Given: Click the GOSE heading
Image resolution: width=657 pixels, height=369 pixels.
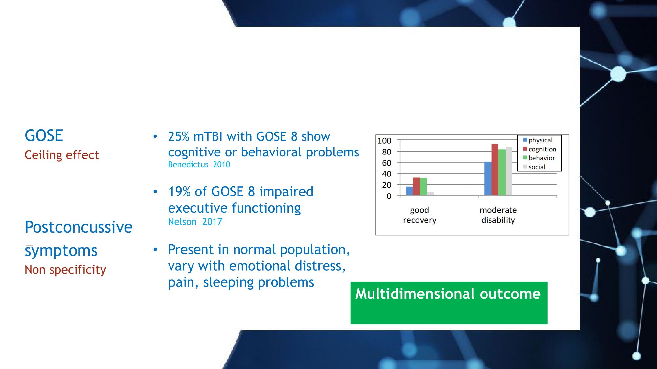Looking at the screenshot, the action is (x=44, y=135).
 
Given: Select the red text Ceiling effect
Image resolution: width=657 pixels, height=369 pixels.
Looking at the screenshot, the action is (x=62, y=155).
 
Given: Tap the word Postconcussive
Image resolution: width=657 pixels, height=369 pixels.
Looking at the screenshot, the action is (x=79, y=227).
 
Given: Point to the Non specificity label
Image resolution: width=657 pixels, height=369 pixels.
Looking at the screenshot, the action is (x=65, y=270).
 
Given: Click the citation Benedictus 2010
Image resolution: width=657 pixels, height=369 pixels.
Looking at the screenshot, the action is (x=199, y=164).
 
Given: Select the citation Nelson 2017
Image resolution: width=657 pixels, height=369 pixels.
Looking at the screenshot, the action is (x=195, y=222).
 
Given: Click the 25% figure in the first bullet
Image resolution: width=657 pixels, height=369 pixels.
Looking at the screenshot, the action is (x=178, y=136).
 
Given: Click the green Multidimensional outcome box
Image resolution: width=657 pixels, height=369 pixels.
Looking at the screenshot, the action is (x=449, y=303).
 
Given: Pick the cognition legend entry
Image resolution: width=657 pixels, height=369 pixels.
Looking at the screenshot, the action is (x=539, y=149).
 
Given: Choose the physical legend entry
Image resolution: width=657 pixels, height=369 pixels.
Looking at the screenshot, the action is (x=537, y=140).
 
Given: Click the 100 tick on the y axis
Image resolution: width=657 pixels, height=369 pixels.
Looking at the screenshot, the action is (x=384, y=141).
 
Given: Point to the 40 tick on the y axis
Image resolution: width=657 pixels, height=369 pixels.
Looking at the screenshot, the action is (x=386, y=174).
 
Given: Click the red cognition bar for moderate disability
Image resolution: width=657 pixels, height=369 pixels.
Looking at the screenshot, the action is (x=495, y=170).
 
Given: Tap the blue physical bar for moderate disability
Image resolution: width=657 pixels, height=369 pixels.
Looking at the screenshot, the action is (x=488, y=178).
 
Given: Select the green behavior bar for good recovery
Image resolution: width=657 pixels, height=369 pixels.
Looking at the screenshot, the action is (x=423, y=187).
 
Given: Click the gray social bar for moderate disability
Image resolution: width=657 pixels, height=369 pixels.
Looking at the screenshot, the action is (x=509, y=171).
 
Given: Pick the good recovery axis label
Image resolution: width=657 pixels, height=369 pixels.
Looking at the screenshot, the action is (x=419, y=215).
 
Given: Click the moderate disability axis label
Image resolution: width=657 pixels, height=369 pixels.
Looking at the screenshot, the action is (x=498, y=215).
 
